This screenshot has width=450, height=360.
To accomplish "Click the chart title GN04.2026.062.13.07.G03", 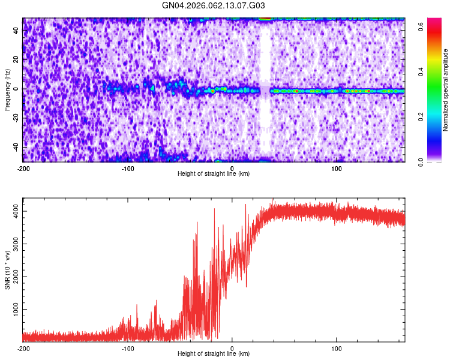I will [214, 6].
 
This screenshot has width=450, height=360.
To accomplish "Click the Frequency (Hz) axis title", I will [8, 89].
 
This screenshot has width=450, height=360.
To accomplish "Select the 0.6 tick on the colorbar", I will [422, 26].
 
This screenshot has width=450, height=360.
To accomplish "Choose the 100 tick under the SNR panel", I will [337, 349].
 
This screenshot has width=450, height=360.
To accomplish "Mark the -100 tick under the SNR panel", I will [128, 349].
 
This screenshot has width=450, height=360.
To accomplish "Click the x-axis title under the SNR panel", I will [214, 354].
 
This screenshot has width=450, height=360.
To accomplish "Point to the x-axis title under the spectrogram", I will [214, 174].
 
